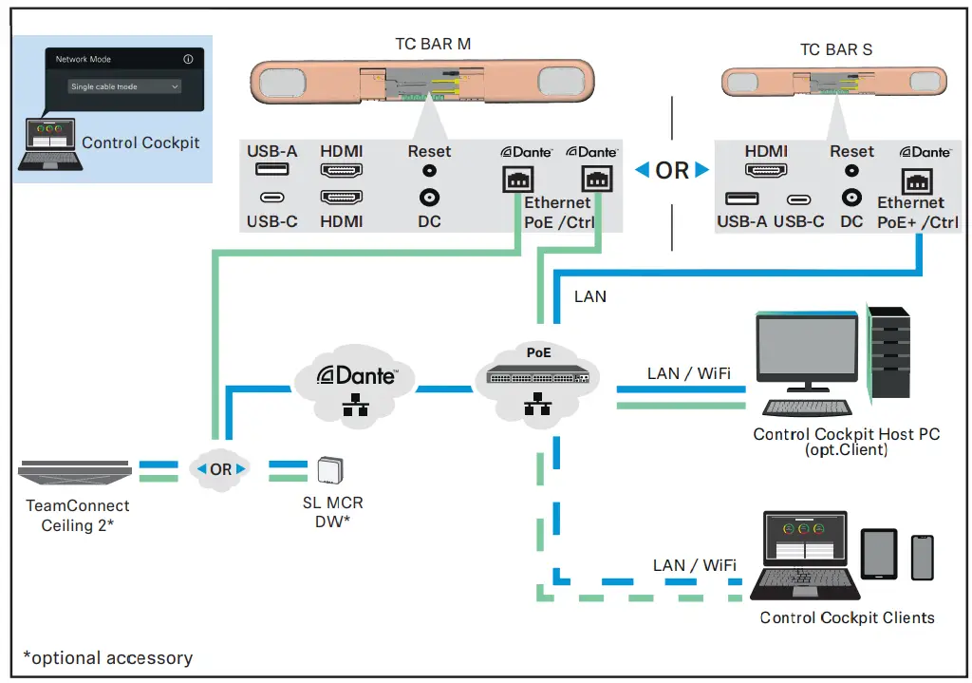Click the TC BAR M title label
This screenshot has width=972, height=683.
(433, 44)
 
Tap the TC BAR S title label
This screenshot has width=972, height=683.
(836, 49)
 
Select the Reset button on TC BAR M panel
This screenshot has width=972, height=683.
(429, 171)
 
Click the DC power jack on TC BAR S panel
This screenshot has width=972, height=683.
(851, 198)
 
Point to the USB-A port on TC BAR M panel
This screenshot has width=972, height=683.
(271, 171)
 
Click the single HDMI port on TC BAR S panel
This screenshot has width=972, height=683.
(766, 171)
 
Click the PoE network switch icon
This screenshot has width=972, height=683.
(538, 374)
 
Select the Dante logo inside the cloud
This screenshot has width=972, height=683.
(357, 375)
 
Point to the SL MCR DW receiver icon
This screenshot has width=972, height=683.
(331, 470)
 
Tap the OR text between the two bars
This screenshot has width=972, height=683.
(672, 170)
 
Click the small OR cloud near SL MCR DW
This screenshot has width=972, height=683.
(220, 469)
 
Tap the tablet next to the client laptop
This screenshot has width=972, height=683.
(878, 554)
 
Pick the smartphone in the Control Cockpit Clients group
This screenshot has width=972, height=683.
(922, 557)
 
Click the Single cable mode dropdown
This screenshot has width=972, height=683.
(124, 86)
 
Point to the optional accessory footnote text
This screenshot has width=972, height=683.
(107, 657)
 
